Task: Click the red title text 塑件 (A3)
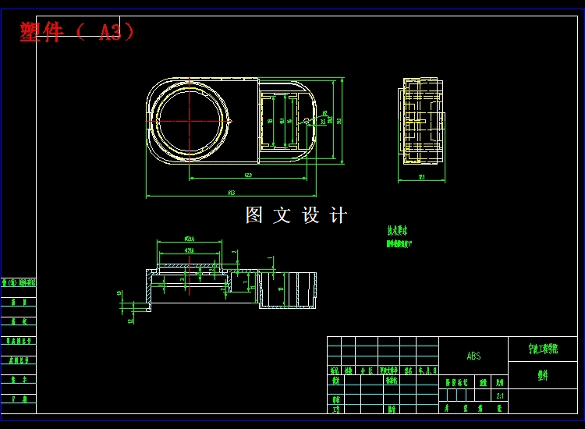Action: click(77, 32)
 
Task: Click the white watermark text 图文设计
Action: click(296, 215)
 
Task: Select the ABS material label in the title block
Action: click(473, 356)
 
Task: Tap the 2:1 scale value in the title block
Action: click(499, 395)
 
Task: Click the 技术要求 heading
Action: click(397, 231)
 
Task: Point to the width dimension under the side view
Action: click(421, 178)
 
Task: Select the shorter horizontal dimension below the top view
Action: click(246, 175)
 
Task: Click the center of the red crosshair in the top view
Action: click(190, 120)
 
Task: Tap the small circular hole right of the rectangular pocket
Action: click(307, 122)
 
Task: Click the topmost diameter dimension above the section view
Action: click(189, 239)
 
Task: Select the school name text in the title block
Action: click(542, 349)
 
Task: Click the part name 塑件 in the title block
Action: click(542, 375)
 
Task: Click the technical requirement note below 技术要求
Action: click(399, 243)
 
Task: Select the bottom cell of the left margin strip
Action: click(18, 399)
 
